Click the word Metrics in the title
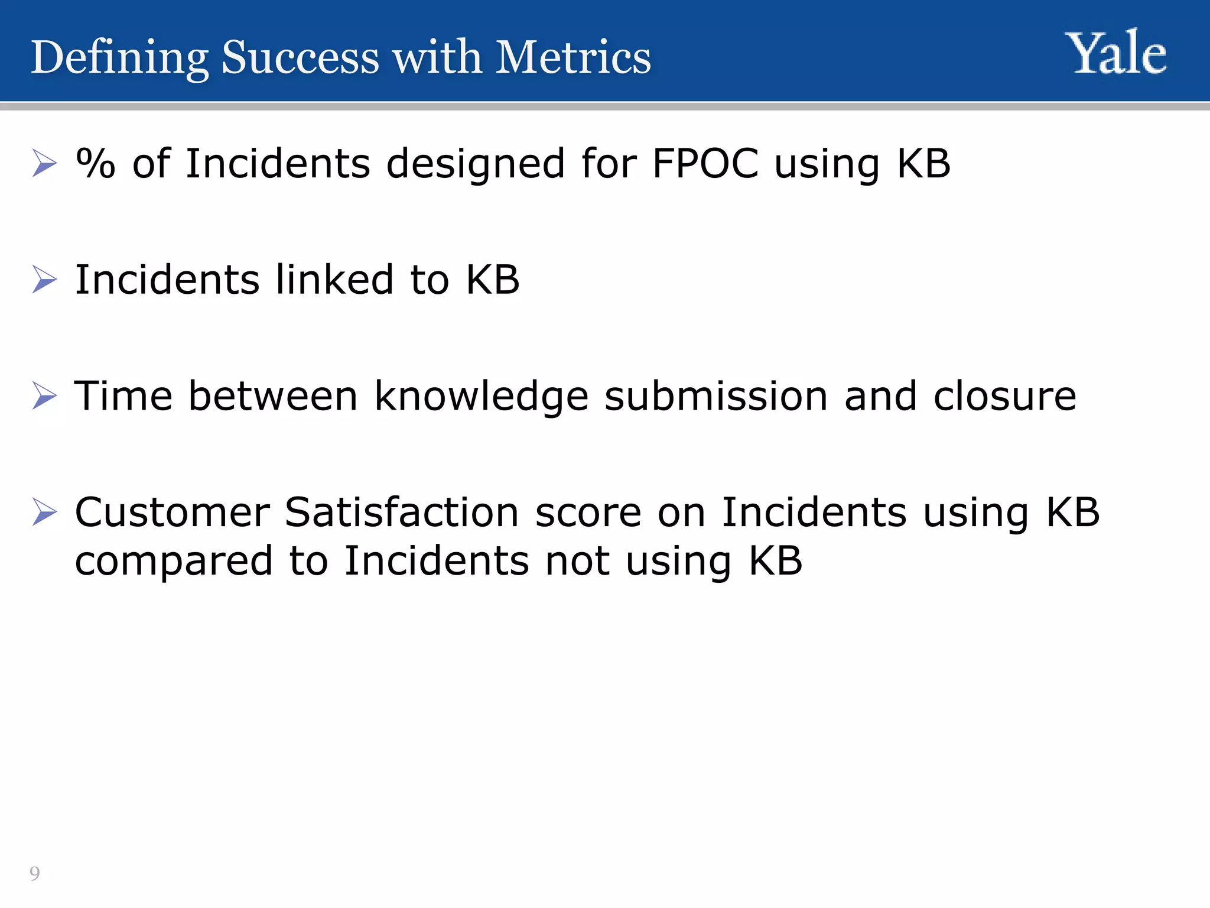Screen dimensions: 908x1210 click(573, 57)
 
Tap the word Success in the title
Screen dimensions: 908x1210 click(300, 57)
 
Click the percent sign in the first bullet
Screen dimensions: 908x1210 click(96, 163)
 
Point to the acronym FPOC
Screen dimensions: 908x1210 click(705, 163)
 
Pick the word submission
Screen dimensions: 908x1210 click(716, 395)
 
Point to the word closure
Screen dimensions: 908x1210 click(1005, 395)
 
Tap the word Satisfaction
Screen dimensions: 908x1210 click(402, 512)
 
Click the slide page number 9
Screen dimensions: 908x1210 click(35, 873)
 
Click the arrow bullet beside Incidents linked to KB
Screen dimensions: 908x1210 click(45, 279)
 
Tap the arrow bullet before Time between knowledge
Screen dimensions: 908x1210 click(45, 395)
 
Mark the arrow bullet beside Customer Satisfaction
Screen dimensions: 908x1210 click(45, 512)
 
